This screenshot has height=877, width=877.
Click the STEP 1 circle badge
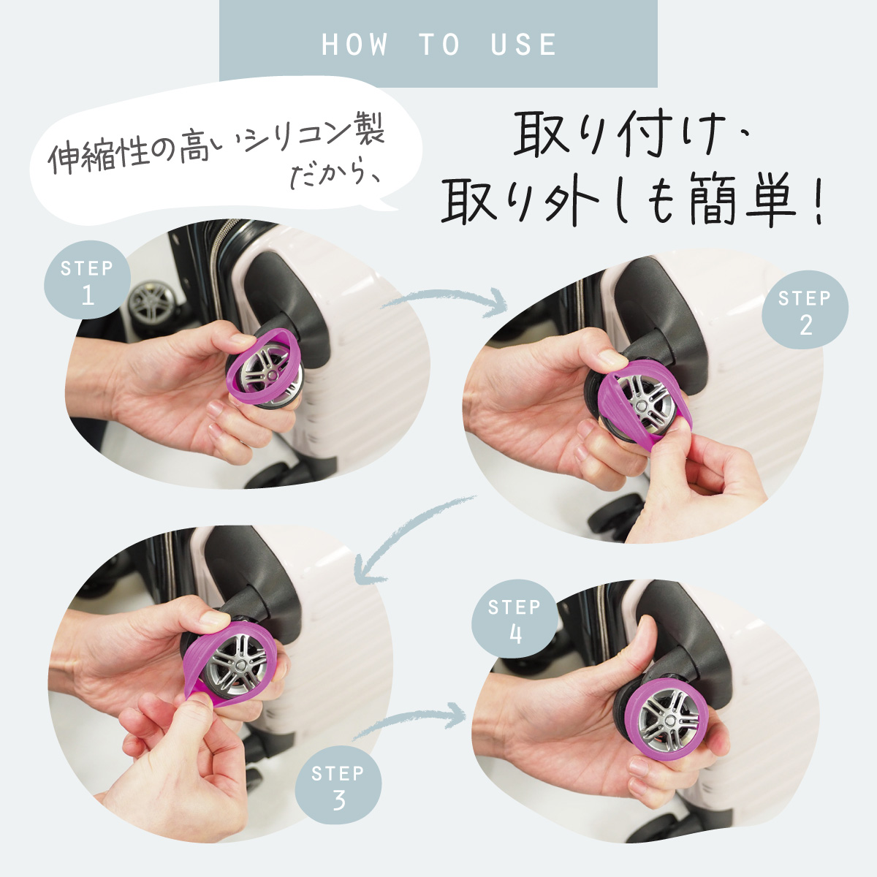point(87,280)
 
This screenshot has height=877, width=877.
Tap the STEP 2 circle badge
point(805,309)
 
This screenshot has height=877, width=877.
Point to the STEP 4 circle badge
point(515,619)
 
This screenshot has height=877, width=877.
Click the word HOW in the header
point(354,45)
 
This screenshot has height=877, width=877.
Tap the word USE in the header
point(523,45)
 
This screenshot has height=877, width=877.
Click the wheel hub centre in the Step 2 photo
point(641,403)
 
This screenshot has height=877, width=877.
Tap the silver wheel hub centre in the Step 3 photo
point(238,665)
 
